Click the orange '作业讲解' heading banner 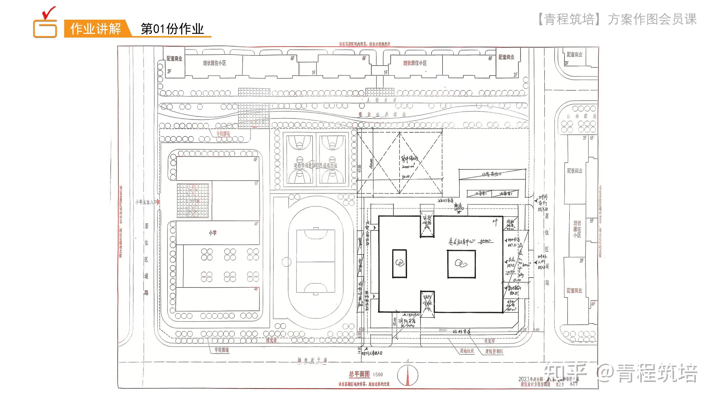tap(96, 29)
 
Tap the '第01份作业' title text tap(172, 29)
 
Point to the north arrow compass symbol tap(407, 375)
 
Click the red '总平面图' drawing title tap(359, 374)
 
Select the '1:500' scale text tap(378, 374)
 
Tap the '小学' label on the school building tap(213, 233)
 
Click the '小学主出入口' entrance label tap(146, 202)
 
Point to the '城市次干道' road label tap(312, 360)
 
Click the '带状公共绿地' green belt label tap(382, 114)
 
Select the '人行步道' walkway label tap(381, 100)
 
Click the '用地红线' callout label tap(467, 351)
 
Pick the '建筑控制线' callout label tap(494, 351)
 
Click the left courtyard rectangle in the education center tap(399, 263)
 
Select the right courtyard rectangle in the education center tap(461, 264)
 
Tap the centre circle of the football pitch tap(316, 262)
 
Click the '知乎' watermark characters tap(565, 373)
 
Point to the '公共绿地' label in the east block tap(581, 116)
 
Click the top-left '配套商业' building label tap(174, 59)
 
